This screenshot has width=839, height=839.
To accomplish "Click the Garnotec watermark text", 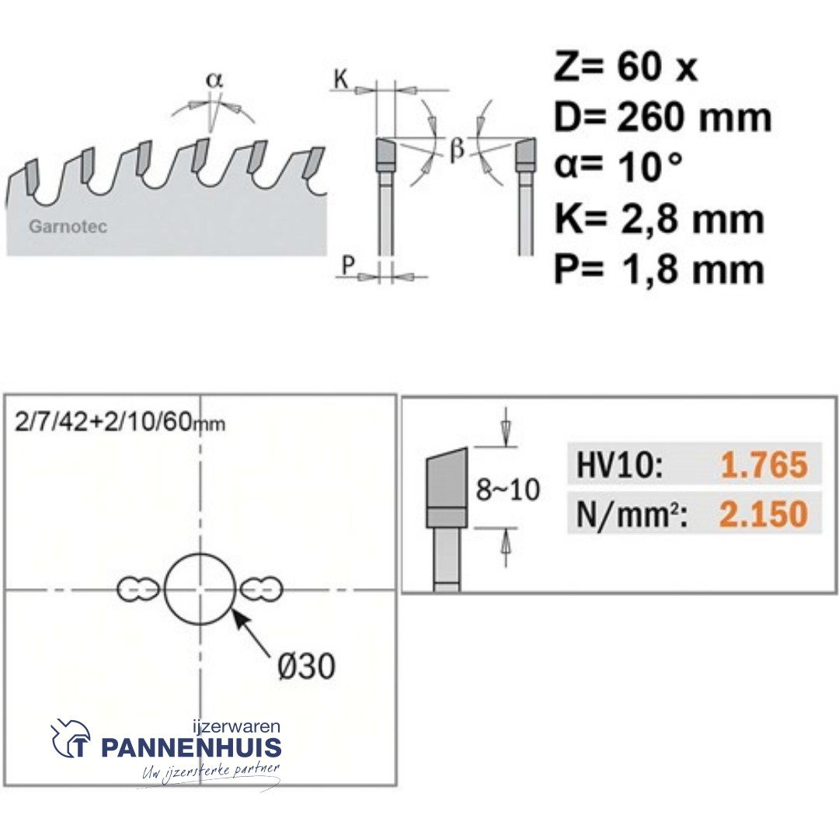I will (x=68, y=228).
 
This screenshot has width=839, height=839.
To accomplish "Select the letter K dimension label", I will (x=341, y=79).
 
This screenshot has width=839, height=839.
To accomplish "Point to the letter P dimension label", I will (x=349, y=266).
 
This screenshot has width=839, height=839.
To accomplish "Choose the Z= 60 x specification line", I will (x=625, y=68).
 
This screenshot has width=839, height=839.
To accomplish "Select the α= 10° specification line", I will (x=618, y=168).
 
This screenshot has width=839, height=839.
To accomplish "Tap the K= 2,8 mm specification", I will (x=659, y=219).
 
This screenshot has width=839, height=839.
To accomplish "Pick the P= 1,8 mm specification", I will (x=659, y=270).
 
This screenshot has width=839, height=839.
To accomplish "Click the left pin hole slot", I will (x=138, y=590).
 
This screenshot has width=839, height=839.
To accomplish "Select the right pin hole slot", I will (x=262, y=590).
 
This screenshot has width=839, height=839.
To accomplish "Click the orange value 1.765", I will (x=764, y=465).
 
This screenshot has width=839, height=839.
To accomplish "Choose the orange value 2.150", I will (x=764, y=513).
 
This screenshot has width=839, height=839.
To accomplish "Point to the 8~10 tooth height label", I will (x=507, y=490).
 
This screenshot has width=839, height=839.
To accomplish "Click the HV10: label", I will (x=619, y=466).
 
